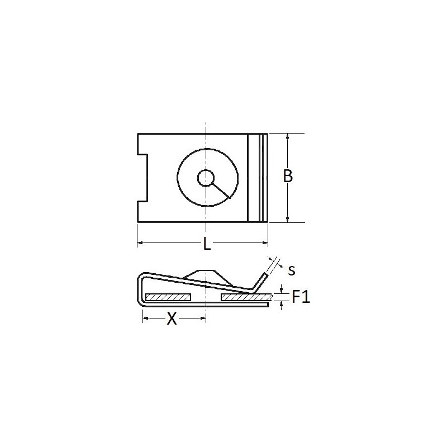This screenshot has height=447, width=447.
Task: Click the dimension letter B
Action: pyautogui.click(x=288, y=176)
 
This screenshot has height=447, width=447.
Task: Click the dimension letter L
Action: pyautogui.click(x=207, y=244)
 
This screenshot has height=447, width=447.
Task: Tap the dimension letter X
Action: pyautogui.click(x=172, y=318)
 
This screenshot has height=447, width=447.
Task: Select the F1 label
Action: pyautogui.click(x=301, y=297)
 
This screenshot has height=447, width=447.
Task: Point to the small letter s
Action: pyautogui.click(x=291, y=270)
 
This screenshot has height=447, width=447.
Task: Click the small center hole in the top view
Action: pyautogui.click(x=206, y=178)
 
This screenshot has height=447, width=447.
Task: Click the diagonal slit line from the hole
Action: pyautogui.click(x=220, y=191)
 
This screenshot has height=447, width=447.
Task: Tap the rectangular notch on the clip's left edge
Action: pyautogui.click(x=142, y=178)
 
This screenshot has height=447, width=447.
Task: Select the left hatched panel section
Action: pyautogui.click(x=168, y=297)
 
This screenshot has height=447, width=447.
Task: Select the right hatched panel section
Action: pyautogui.click(x=247, y=297)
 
